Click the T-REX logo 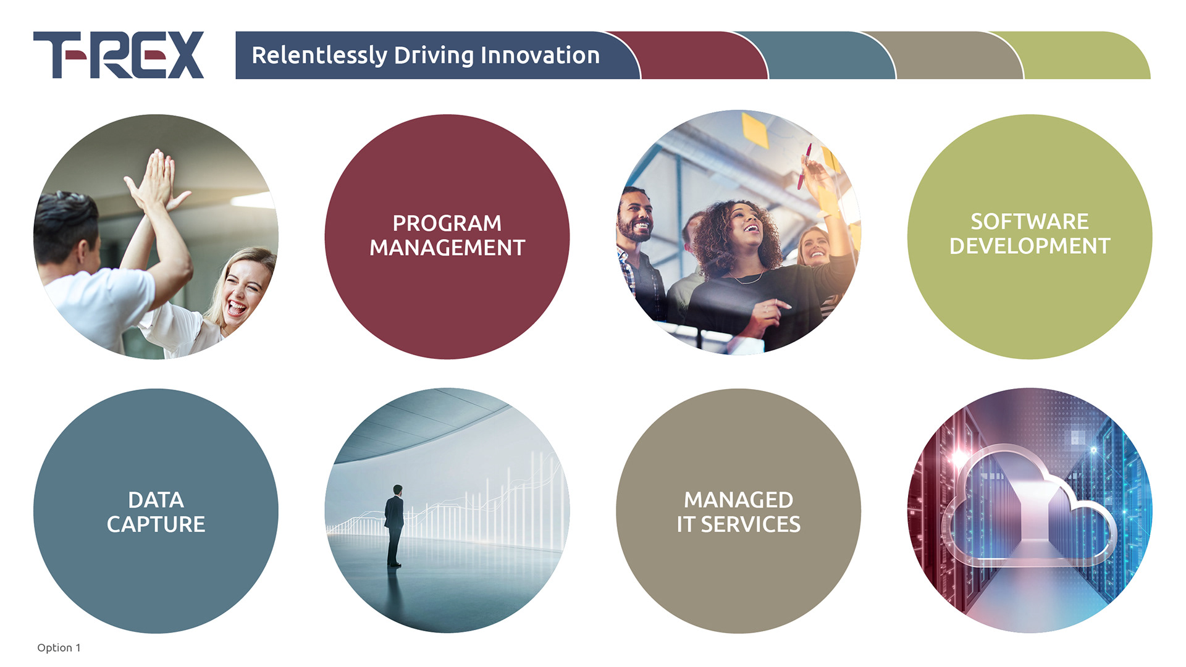[x=119, y=55]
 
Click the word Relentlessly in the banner [x=319, y=56]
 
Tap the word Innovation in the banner [x=540, y=55]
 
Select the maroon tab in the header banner [x=692, y=55]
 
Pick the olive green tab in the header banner [x=1081, y=55]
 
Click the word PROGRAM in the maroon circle [x=447, y=223]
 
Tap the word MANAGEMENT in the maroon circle [x=447, y=248]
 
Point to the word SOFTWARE [x=1030, y=221]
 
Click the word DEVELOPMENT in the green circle [x=1030, y=246]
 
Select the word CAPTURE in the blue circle [x=156, y=524]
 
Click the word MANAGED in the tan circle [x=738, y=500]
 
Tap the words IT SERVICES [x=738, y=524]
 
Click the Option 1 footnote [x=59, y=647]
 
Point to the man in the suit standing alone [x=394, y=526]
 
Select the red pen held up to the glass [x=804, y=166]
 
